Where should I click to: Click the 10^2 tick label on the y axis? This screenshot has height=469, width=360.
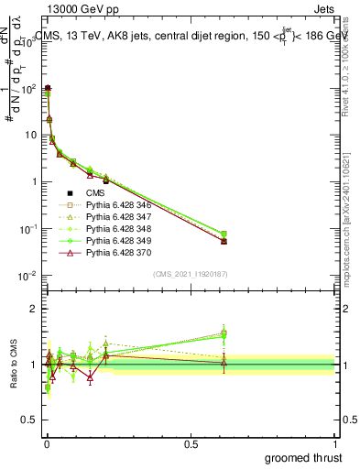click(27, 89)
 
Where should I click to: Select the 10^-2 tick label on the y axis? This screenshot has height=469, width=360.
click(26, 276)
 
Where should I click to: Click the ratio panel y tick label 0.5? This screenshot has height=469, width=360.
click(27, 420)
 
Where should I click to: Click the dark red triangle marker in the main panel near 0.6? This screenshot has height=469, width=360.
click(224, 241)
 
